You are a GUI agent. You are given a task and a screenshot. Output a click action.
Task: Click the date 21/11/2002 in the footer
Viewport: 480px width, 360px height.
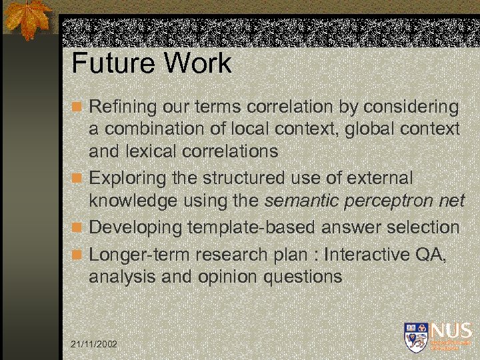click(93, 343)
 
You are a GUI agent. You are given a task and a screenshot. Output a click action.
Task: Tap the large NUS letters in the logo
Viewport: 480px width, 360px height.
click(451, 331)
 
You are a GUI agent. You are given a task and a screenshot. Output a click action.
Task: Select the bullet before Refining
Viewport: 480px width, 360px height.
click(77, 107)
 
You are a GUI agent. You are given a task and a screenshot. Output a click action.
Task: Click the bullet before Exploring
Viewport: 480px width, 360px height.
click(77, 179)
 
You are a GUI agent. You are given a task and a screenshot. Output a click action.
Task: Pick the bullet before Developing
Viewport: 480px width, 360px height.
click(77, 228)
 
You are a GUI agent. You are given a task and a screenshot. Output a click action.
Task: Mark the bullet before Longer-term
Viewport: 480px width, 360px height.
click(77, 255)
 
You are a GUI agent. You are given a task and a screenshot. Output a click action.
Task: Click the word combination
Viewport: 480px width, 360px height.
click(154, 129)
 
